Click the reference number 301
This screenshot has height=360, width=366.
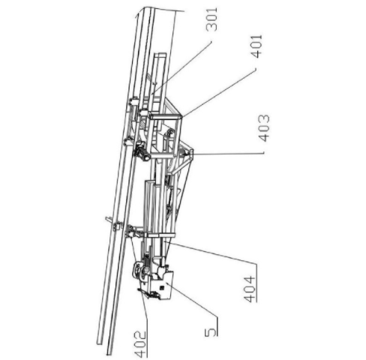point(211,19)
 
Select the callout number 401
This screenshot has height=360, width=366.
point(257,46)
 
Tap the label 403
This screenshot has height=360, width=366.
point(264,128)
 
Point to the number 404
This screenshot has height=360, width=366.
point(250,289)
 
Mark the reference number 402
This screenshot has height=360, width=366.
point(140,344)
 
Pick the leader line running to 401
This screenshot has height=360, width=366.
point(219,92)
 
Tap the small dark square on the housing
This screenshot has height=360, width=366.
point(162,288)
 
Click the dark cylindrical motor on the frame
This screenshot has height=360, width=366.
point(142,151)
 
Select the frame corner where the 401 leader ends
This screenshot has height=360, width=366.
point(181,117)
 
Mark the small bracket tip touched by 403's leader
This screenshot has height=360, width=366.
point(191,152)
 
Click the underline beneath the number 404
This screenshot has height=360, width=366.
point(256,283)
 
